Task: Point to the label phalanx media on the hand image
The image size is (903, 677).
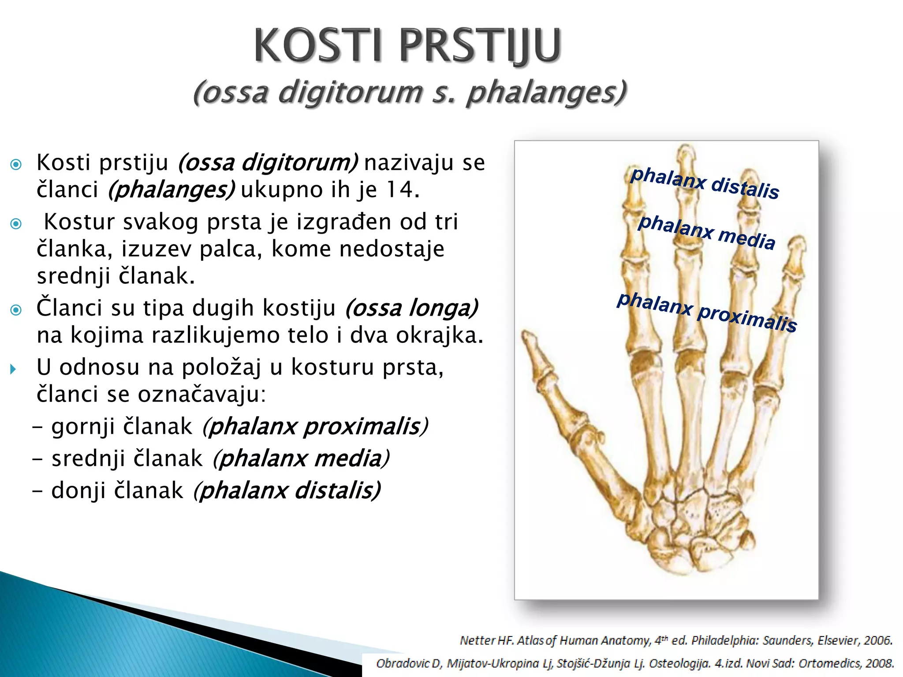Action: coord(706,232)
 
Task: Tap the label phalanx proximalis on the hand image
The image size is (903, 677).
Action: coord(706,312)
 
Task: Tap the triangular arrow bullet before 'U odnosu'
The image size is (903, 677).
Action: coord(13,369)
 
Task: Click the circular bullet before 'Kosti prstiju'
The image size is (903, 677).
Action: coord(16,165)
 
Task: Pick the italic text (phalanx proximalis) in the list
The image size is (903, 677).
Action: coord(315,426)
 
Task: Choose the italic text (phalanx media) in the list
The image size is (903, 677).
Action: coord(301,458)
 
